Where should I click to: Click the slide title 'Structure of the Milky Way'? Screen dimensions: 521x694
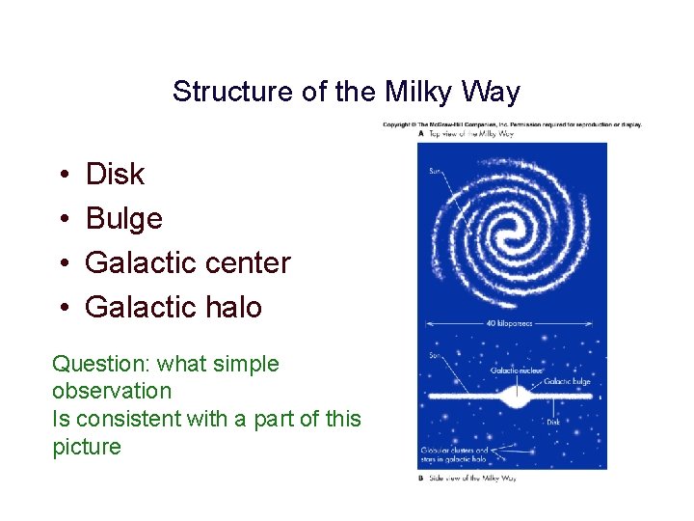pyautogui.click(x=346, y=92)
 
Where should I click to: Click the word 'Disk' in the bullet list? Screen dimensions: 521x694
pyautogui.click(x=115, y=175)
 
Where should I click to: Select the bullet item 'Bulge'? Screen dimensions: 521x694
pyautogui.click(x=123, y=219)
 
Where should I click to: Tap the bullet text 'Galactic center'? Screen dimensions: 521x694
pyautogui.click(x=187, y=262)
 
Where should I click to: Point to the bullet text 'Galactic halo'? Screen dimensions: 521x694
pyautogui.click(x=173, y=307)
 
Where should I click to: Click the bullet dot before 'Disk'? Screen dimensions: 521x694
pyautogui.click(x=62, y=176)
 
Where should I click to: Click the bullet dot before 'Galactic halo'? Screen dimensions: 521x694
pyautogui.click(x=62, y=308)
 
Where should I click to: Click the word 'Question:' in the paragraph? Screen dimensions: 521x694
pyautogui.click(x=101, y=364)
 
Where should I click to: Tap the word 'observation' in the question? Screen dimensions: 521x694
pyautogui.click(x=112, y=391)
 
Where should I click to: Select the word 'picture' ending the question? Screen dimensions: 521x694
pyautogui.click(x=87, y=447)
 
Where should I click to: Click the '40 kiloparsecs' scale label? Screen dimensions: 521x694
pyautogui.click(x=512, y=322)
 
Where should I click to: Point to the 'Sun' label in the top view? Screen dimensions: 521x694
pyautogui.click(x=437, y=172)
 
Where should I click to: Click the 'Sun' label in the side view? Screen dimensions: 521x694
pyautogui.click(x=435, y=356)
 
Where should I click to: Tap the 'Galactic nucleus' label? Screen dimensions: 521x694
pyautogui.click(x=517, y=370)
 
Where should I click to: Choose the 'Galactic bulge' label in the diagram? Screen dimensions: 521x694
pyautogui.click(x=567, y=381)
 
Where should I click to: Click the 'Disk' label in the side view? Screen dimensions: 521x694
pyautogui.click(x=553, y=421)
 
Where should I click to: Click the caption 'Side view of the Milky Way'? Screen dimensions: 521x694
pyautogui.click(x=471, y=479)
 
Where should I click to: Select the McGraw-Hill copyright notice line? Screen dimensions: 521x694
pyautogui.click(x=512, y=124)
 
